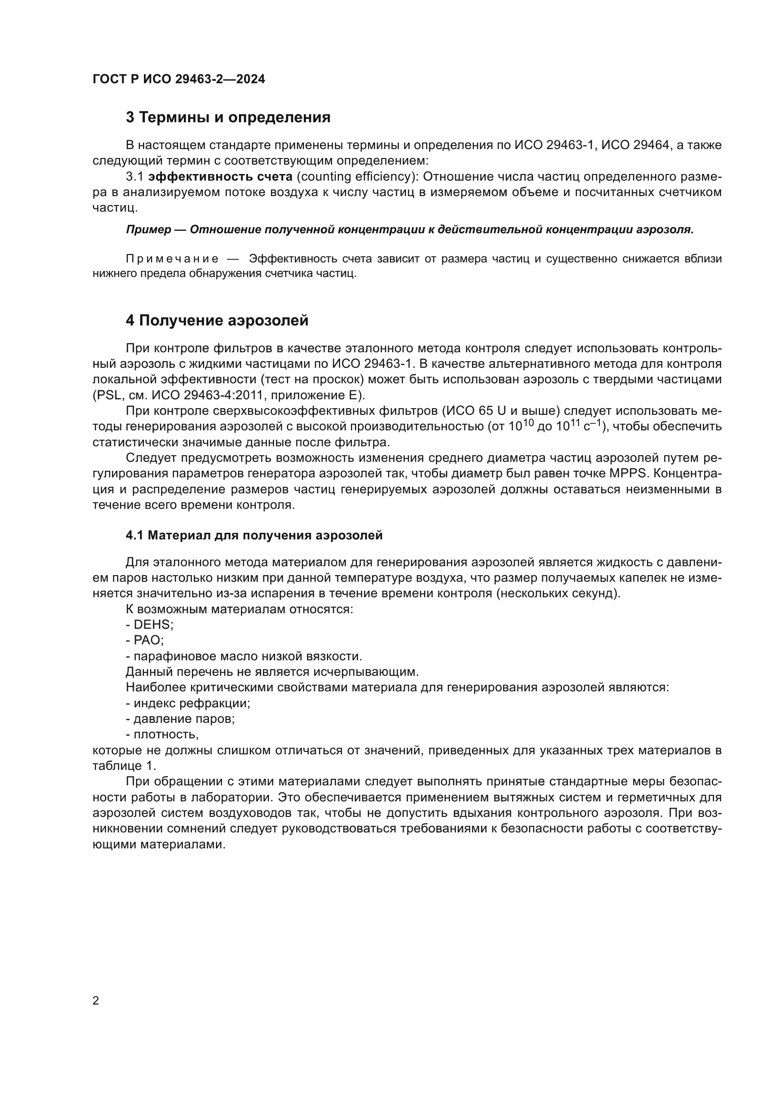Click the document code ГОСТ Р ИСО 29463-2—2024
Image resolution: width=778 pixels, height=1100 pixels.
(x=179, y=79)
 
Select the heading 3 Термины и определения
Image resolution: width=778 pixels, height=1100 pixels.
(x=228, y=118)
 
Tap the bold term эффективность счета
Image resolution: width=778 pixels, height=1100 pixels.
(x=220, y=177)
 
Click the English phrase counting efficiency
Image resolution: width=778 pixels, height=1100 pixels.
(x=355, y=177)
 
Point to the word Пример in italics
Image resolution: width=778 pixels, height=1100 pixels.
(x=149, y=230)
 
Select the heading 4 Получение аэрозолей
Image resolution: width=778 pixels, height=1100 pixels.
(x=217, y=321)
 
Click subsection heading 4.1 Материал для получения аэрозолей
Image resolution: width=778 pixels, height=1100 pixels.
(x=254, y=536)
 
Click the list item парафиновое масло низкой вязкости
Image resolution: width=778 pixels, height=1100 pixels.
(x=247, y=657)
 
